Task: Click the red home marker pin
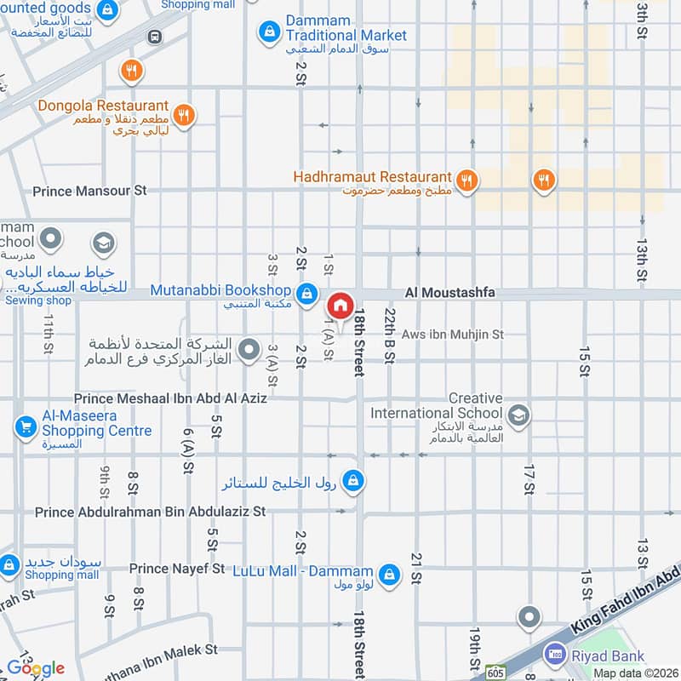340,305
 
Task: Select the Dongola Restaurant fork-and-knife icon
183,115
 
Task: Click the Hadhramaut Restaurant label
371,176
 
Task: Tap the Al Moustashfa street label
449,293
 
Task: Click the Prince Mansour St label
89,191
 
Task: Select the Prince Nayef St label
177,568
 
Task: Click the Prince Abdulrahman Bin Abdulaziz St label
151,512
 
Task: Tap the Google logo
36,668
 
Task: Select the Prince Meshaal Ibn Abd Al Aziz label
170,398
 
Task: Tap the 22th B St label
389,335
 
